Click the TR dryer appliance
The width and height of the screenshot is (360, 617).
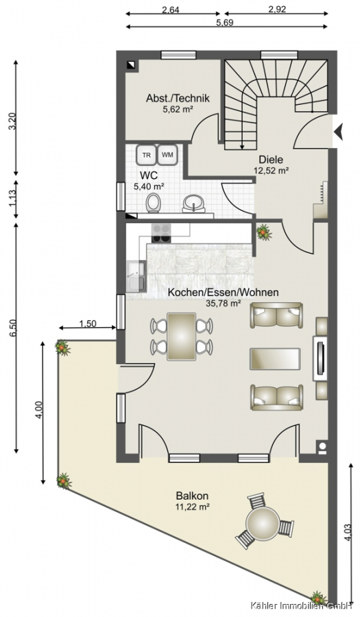(x=146, y=155)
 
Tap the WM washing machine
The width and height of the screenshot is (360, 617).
(x=168, y=154)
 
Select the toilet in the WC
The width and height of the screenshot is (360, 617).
(x=153, y=203)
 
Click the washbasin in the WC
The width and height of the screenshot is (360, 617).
(x=193, y=204)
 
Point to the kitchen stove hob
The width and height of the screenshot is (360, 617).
(x=161, y=232)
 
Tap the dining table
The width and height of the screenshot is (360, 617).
(x=182, y=337)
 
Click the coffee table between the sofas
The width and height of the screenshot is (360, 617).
(x=275, y=359)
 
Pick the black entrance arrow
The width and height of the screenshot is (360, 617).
(x=339, y=132)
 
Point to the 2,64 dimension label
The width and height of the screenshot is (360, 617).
(x=171, y=10)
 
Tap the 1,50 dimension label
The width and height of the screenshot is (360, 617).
(x=88, y=324)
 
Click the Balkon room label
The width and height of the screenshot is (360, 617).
(x=192, y=496)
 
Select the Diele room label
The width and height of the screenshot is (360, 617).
(x=271, y=160)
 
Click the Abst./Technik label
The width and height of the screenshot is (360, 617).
(x=178, y=98)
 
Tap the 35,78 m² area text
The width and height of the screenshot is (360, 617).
(x=224, y=303)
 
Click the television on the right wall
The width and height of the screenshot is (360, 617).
(x=320, y=359)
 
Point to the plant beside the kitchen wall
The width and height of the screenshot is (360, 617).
(x=264, y=232)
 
